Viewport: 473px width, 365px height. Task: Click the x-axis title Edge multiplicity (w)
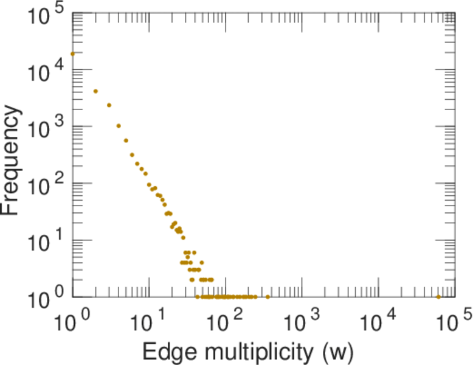[247, 352]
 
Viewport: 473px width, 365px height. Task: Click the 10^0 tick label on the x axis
[71, 321]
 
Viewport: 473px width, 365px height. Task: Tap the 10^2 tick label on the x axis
[225, 321]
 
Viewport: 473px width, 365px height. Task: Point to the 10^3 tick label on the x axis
[302, 321]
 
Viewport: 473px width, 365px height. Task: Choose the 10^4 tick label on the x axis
[379, 321]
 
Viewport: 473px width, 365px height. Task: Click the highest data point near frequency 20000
[72, 54]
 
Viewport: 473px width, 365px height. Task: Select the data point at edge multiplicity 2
[95, 91]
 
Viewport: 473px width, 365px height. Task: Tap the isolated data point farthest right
[438, 297]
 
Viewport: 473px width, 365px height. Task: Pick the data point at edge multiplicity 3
[109, 105]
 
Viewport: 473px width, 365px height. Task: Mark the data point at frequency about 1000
[119, 126]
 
